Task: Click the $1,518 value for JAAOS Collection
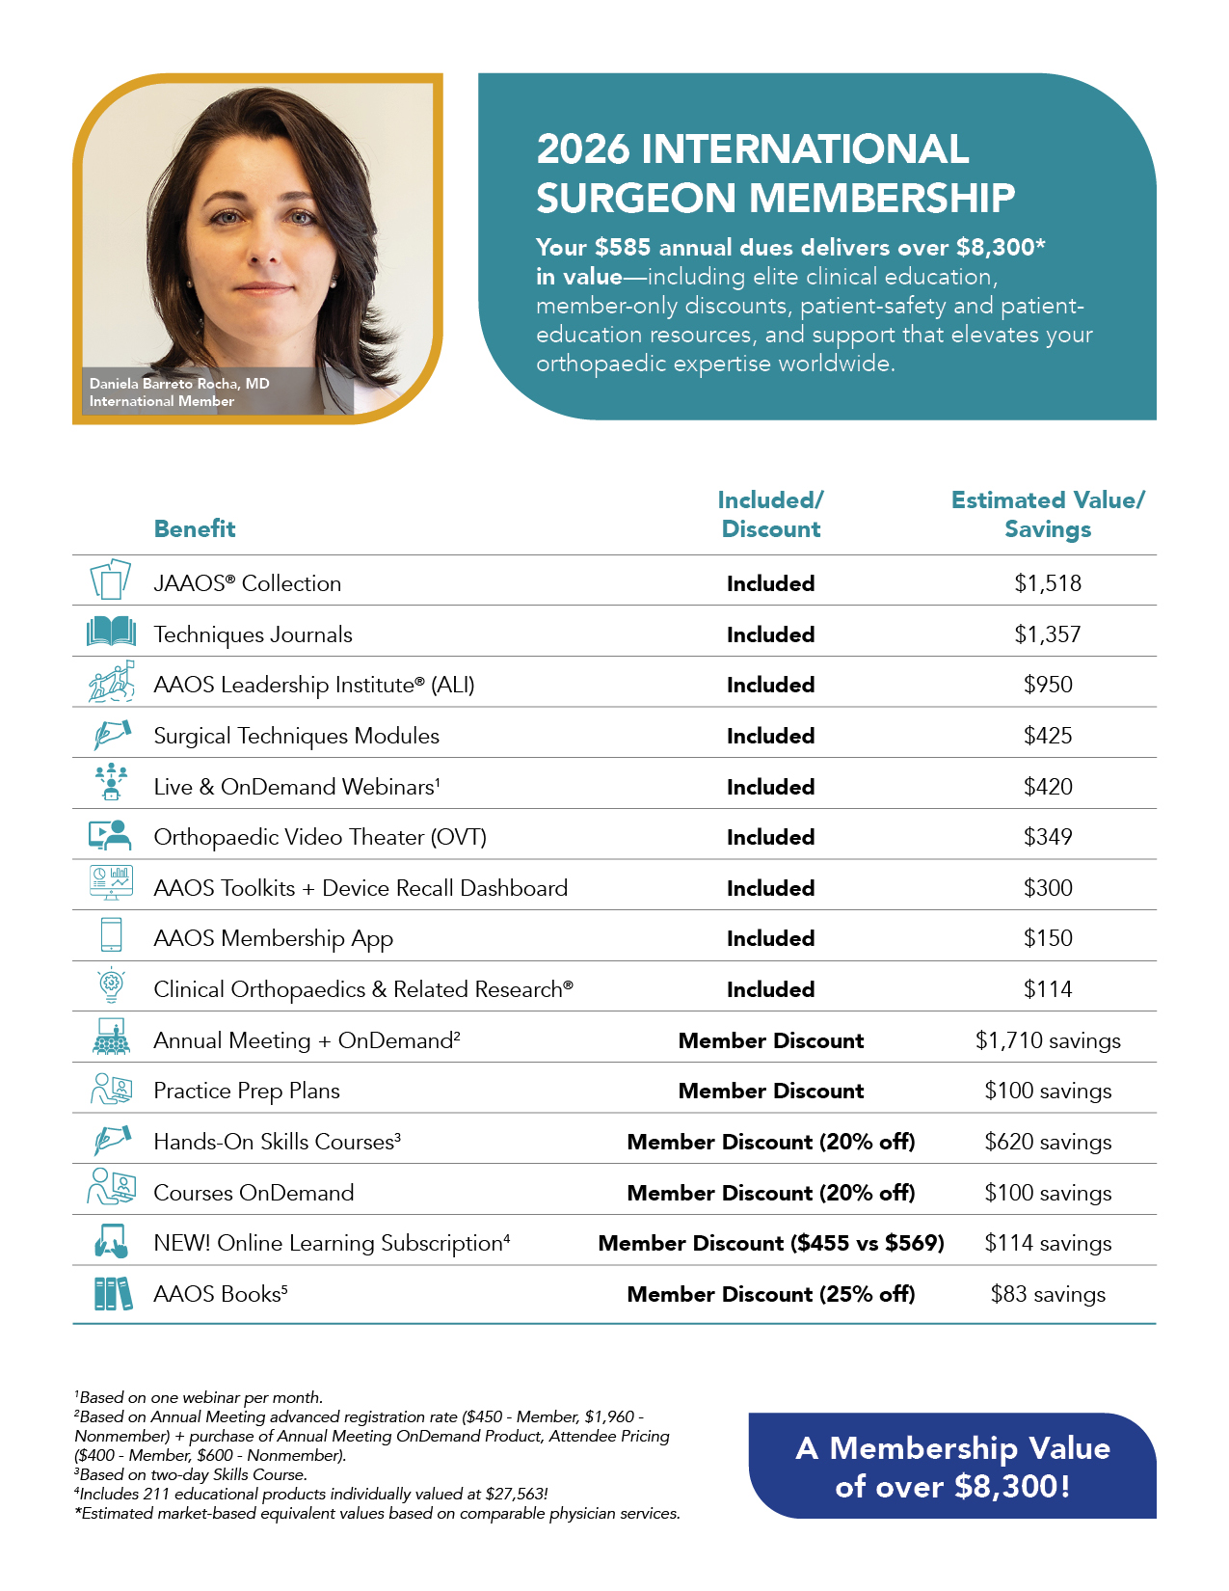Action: coord(1048,583)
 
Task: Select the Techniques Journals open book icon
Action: coord(111,633)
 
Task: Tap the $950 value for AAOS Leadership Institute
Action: coord(1048,685)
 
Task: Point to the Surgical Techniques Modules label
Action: coord(296,736)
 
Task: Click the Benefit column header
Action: coord(195,528)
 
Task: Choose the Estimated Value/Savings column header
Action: coord(1048,514)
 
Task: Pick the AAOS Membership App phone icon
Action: coord(111,935)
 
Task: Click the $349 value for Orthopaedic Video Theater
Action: coord(1048,837)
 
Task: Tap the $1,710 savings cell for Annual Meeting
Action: coord(1048,1040)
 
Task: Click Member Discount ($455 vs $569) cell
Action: coord(771,1243)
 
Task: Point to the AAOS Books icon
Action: coord(112,1293)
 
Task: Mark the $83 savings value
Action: coord(1048,1294)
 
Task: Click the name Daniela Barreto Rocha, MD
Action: coord(179,384)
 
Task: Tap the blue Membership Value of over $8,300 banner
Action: coord(952,1466)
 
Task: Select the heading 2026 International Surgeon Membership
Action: coord(775,174)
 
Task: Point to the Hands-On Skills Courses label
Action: coord(277,1142)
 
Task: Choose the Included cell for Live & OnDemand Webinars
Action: coord(770,787)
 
